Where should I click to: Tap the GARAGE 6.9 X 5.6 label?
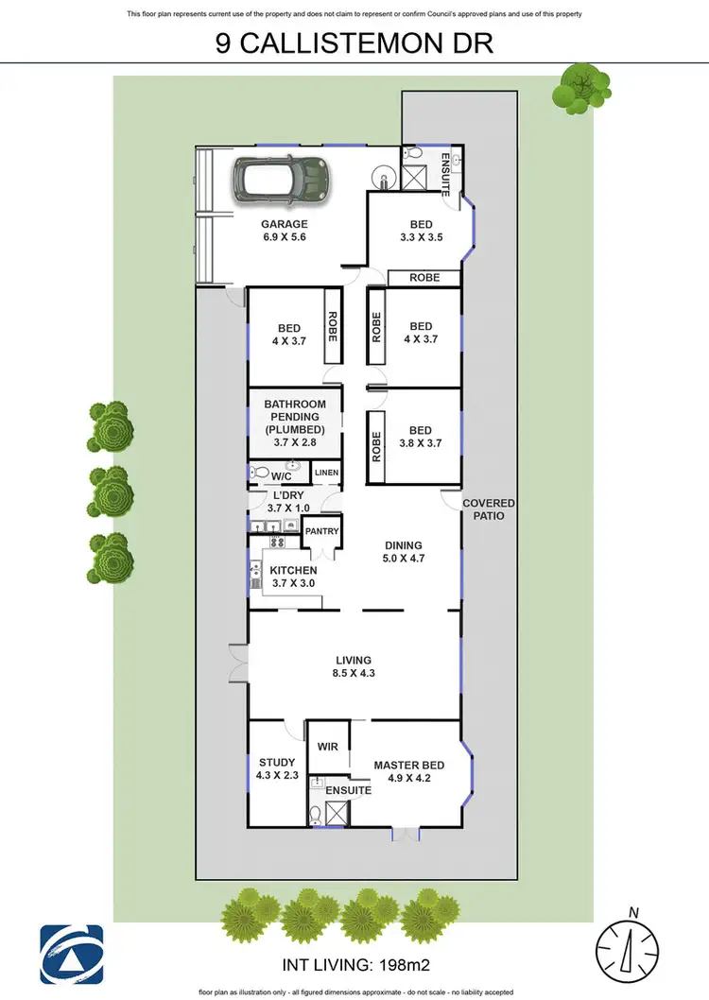[x=285, y=232]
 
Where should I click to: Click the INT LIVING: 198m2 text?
[x=354, y=966]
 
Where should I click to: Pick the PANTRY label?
[x=321, y=531]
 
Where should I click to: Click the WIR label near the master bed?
[x=328, y=747]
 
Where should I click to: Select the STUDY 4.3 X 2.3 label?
[x=276, y=768]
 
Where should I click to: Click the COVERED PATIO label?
[x=489, y=509]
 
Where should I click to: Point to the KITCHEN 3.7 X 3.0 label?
[x=293, y=577]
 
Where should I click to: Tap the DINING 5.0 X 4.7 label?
[x=403, y=551]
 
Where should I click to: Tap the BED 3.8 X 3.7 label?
[x=421, y=435]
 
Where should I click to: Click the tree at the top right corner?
[x=577, y=87]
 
